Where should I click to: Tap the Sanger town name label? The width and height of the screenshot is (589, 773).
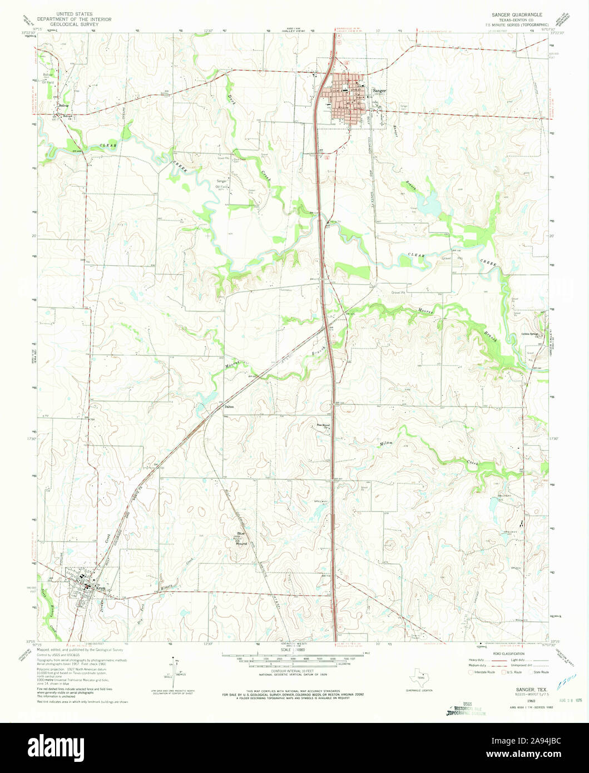[380, 91]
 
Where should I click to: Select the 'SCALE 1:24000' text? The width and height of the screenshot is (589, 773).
[294, 650]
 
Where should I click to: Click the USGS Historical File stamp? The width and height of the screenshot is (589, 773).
[463, 708]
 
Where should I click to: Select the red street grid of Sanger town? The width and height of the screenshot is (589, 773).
[348, 98]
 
